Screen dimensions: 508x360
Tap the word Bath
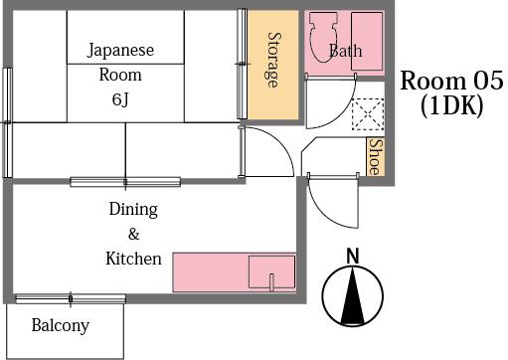click(345, 51)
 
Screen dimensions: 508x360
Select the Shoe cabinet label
click(376, 157)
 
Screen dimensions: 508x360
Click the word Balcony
click(61, 325)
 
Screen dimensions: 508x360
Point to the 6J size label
click(120, 99)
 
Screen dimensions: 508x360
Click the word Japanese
click(120, 51)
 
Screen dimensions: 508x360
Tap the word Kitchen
click(133, 259)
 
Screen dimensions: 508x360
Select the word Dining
click(133, 210)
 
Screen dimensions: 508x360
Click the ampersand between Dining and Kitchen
click(133, 235)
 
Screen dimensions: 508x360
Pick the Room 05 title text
click(451, 81)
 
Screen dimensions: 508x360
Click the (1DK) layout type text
click(451, 106)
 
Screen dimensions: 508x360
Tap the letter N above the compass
click(353, 256)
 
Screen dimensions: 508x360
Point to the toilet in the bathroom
click(323, 37)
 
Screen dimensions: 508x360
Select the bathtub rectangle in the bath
click(367, 41)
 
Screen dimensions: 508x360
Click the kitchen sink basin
click(271, 271)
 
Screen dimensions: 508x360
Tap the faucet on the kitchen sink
click(271, 282)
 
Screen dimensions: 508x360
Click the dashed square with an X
click(368, 114)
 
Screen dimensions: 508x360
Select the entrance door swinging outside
click(333, 200)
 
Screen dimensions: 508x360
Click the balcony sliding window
click(71, 299)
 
